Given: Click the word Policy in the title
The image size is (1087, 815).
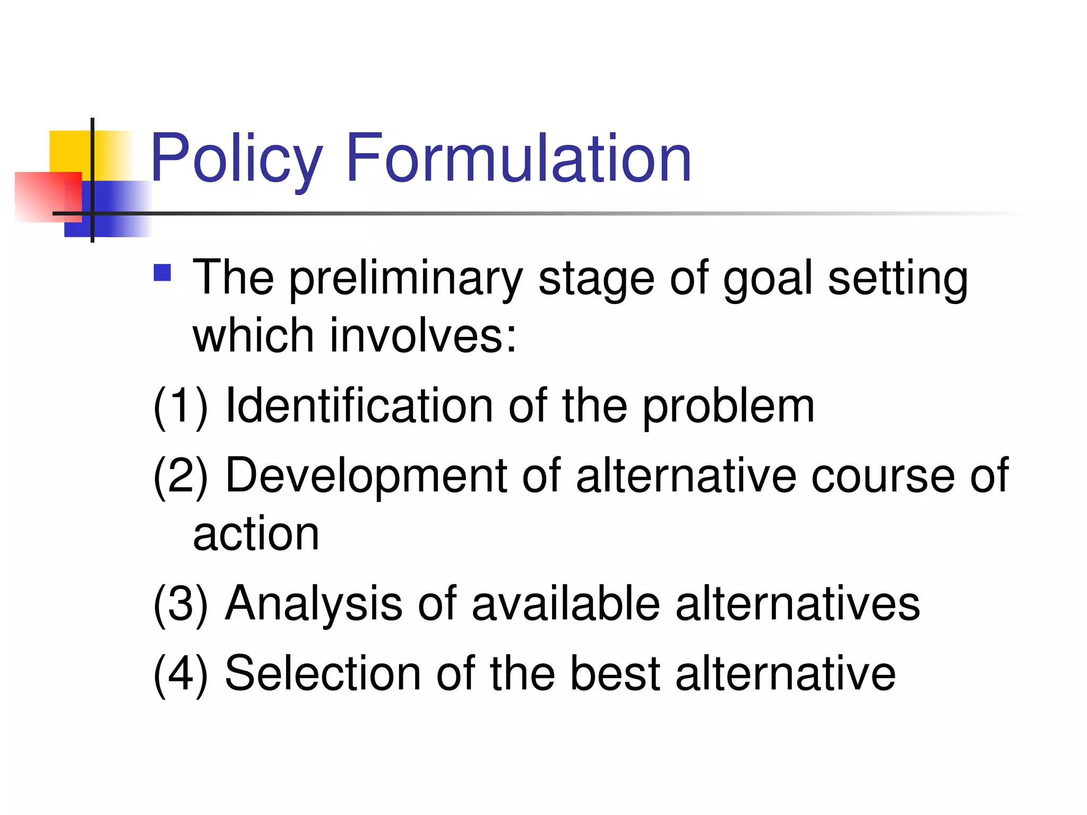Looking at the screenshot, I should [237, 159].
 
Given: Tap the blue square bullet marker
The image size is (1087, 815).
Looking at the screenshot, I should [162, 273].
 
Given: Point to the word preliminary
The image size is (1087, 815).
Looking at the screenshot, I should [406, 279].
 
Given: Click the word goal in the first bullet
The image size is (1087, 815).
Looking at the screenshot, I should [767, 279].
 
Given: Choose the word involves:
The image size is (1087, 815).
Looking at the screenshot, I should [423, 336].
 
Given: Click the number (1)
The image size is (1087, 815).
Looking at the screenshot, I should [180, 407].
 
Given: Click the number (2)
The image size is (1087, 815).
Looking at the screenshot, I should [180, 476].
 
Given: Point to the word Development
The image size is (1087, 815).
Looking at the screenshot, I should [366, 476].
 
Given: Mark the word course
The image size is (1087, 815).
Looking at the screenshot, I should [883, 476].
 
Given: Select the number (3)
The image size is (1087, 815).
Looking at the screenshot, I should [180, 604].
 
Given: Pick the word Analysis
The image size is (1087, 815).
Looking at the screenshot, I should [314, 604].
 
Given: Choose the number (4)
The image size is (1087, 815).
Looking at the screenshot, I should [180, 673].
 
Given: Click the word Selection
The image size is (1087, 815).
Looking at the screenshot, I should [323, 673].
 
